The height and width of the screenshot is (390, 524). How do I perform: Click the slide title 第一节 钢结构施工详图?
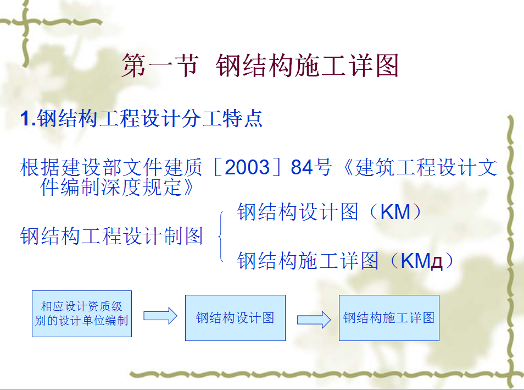tap(260, 65)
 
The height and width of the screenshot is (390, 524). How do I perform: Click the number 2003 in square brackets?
tap(247, 167)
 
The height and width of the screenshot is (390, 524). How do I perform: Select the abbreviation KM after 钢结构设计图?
tap(395, 212)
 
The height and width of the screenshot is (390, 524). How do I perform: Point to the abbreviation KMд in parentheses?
tap(421, 261)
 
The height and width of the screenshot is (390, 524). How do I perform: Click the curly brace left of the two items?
tap(221, 237)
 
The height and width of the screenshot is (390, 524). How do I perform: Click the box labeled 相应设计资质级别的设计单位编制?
tap(82, 314)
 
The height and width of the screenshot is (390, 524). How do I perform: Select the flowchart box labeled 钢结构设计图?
tap(235, 318)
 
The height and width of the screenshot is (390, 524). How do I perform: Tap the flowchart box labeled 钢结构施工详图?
tap(389, 318)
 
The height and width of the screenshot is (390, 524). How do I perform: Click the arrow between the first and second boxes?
tap(160, 316)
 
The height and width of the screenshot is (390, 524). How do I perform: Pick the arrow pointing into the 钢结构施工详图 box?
tap(314, 320)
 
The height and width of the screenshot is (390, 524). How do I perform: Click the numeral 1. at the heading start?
tap(28, 118)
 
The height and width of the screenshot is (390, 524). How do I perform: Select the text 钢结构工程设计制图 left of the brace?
tap(112, 236)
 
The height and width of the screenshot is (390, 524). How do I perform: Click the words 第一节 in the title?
tap(160, 65)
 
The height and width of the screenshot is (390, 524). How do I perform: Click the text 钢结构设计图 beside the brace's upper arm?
tap(297, 212)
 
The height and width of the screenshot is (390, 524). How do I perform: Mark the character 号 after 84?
tap(322, 167)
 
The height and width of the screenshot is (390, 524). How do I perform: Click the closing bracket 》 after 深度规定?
tap(188, 187)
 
